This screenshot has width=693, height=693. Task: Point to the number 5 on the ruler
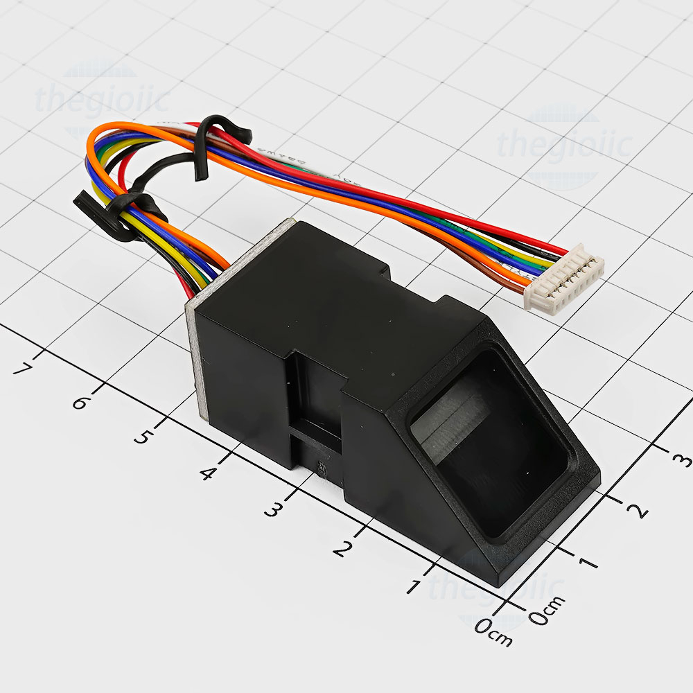143,437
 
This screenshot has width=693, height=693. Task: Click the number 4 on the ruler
207,474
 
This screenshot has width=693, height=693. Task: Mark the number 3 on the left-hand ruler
273,510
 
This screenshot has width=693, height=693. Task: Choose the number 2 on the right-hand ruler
636,510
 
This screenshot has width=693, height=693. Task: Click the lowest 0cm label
493,631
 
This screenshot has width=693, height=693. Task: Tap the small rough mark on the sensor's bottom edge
322,468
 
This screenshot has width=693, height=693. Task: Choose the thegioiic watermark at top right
564,144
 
